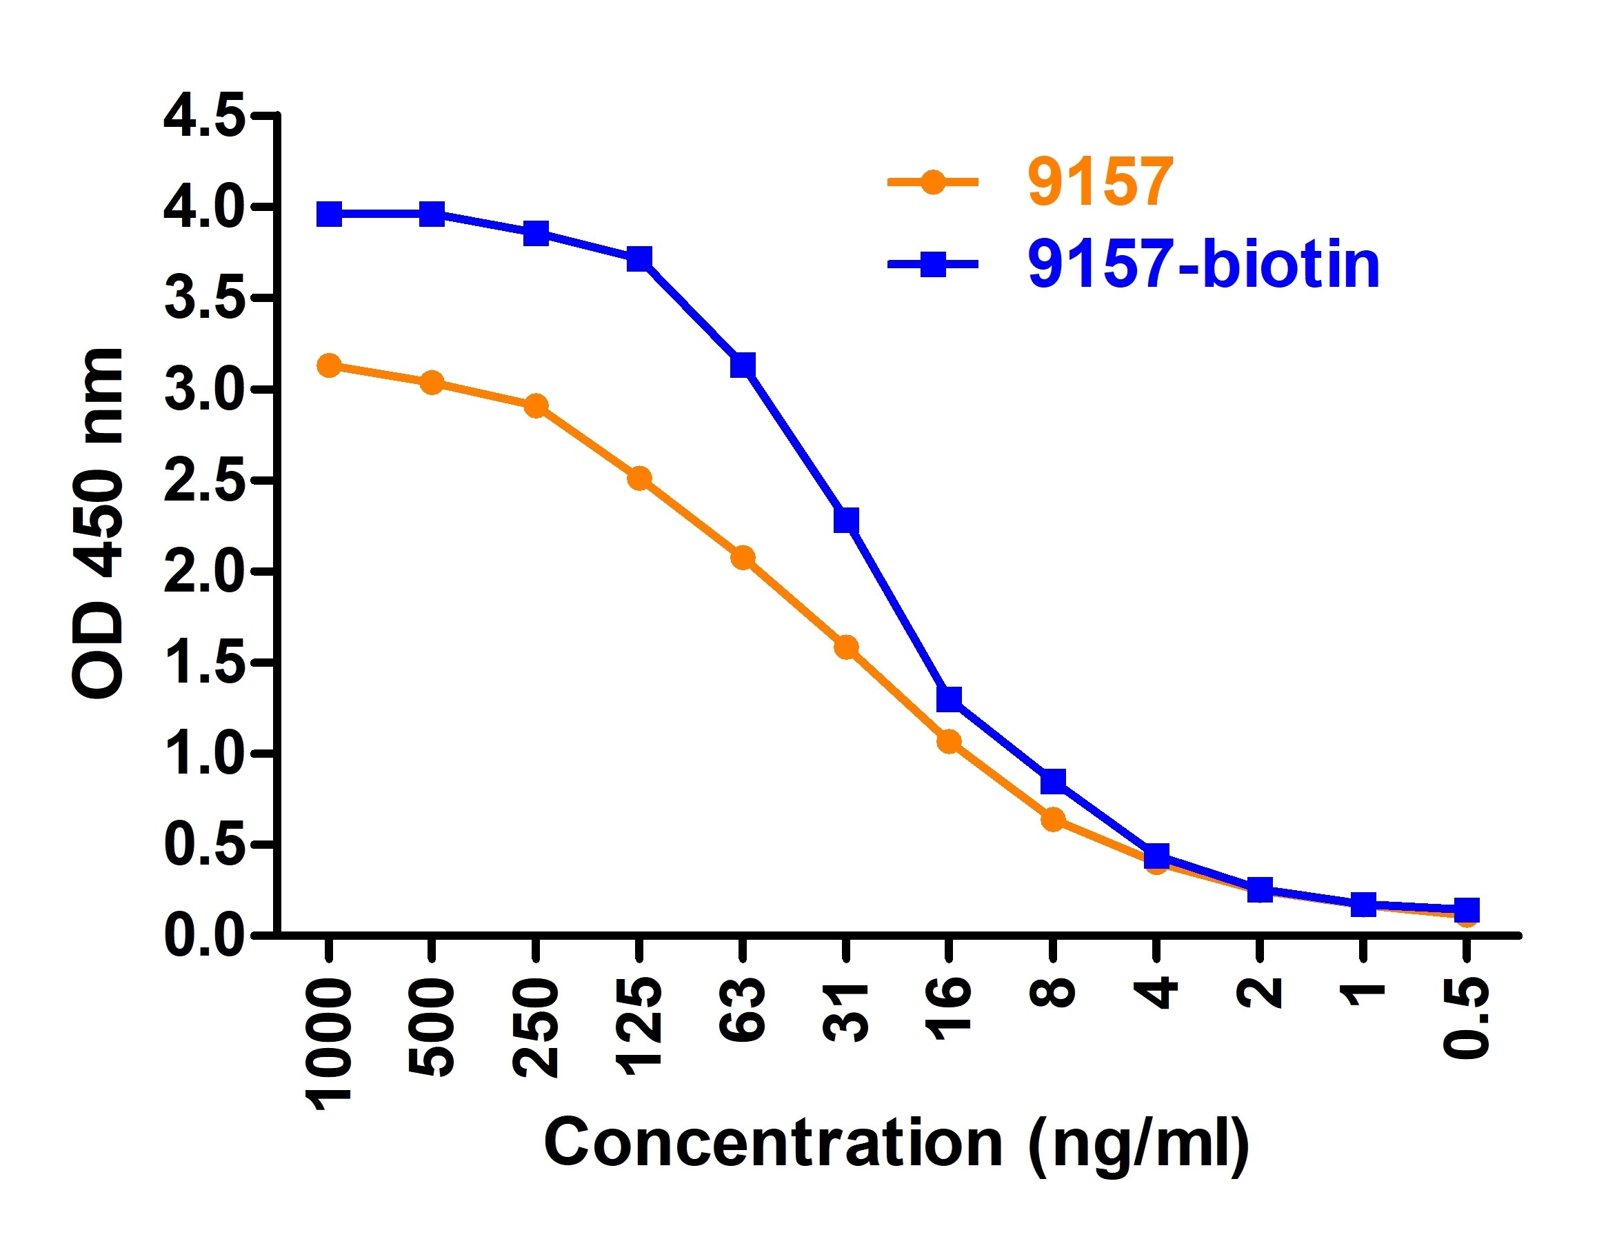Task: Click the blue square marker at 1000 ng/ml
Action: [329, 215]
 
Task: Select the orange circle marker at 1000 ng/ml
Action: [329, 365]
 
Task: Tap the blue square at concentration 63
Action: [742, 365]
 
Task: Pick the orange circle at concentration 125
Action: [639, 479]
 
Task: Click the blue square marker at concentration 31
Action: [846, 521]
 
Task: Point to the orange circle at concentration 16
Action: [948, 742]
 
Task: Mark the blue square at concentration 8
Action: [1052, 780]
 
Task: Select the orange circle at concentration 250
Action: [536, 405]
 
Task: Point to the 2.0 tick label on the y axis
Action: [204, 571]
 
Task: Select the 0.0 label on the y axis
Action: [204, 936]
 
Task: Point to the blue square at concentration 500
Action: [432, 215]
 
